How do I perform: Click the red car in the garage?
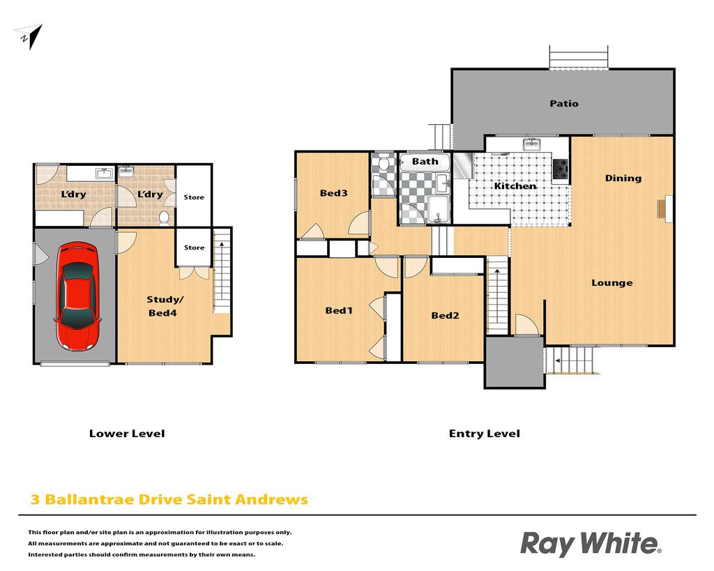tap(77, 296)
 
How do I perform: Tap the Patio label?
tap(563, 103)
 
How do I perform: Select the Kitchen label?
tap(515, 185)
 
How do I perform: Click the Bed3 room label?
tap(333, 193)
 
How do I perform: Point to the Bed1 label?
tap(338, 310)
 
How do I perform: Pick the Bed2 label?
tap(445, 315)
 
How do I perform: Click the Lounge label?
tap(612, 283)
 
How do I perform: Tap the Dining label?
tap(623, 178)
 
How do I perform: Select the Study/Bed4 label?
tap(164, 306)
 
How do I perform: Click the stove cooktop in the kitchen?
tap(561, 169)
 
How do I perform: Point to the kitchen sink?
tap(531, 145)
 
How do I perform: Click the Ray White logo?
tap(590, 544)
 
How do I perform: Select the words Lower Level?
tap(127, 434)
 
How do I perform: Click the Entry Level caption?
tap(484, 434)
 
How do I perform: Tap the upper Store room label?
tap(194, 197)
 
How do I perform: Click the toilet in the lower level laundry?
tap(164, 218)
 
